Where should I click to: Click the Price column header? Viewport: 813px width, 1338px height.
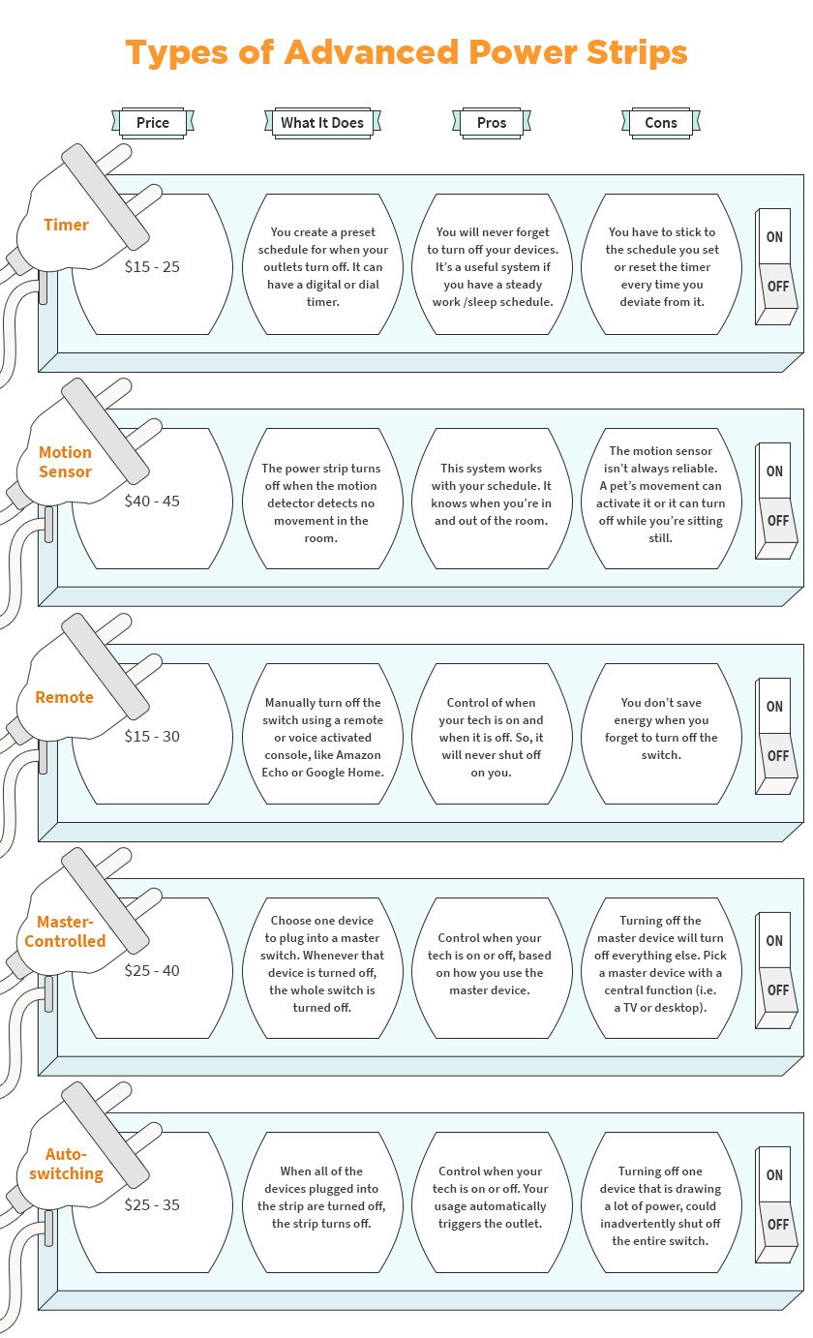click(x=153, y=123)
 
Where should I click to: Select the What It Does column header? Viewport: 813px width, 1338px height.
click(x=322, y=123)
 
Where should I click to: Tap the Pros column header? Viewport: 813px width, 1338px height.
click(x=492, y=123)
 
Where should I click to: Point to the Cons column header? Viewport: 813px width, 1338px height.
click(x=661, y=123)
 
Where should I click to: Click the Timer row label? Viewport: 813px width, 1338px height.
click(x=66, y=226)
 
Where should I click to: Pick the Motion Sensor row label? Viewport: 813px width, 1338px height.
click(x=65, y=462)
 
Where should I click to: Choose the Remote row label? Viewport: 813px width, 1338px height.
click(x=65, y=698)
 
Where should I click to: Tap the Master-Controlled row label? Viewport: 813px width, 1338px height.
click(x=65, y=931)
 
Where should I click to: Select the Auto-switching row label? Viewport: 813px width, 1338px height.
click(x=66, y=1164)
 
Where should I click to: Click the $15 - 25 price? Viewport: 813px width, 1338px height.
click(x=152, y=267)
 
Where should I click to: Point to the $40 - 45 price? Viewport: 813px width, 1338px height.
click(x=152, y=502)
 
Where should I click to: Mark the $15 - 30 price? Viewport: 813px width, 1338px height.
click(x=152, y=737)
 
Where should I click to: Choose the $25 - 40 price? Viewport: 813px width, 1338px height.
click(x=152, y=971)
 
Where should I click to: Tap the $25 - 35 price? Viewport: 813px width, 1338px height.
click(x=152, y=1204)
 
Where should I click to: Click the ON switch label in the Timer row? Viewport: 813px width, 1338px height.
click(x=774, y=237)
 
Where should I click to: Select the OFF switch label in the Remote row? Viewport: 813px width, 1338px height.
click(x=778, y=756)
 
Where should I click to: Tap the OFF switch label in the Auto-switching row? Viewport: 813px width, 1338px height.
click(x=778, y=1225)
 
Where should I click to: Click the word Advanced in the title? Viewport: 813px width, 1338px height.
click(x=372, y=52)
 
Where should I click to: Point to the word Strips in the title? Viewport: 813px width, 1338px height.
click(x=636, y=53)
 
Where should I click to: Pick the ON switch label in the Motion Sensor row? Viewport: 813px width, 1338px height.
click(x=774, y=471)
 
